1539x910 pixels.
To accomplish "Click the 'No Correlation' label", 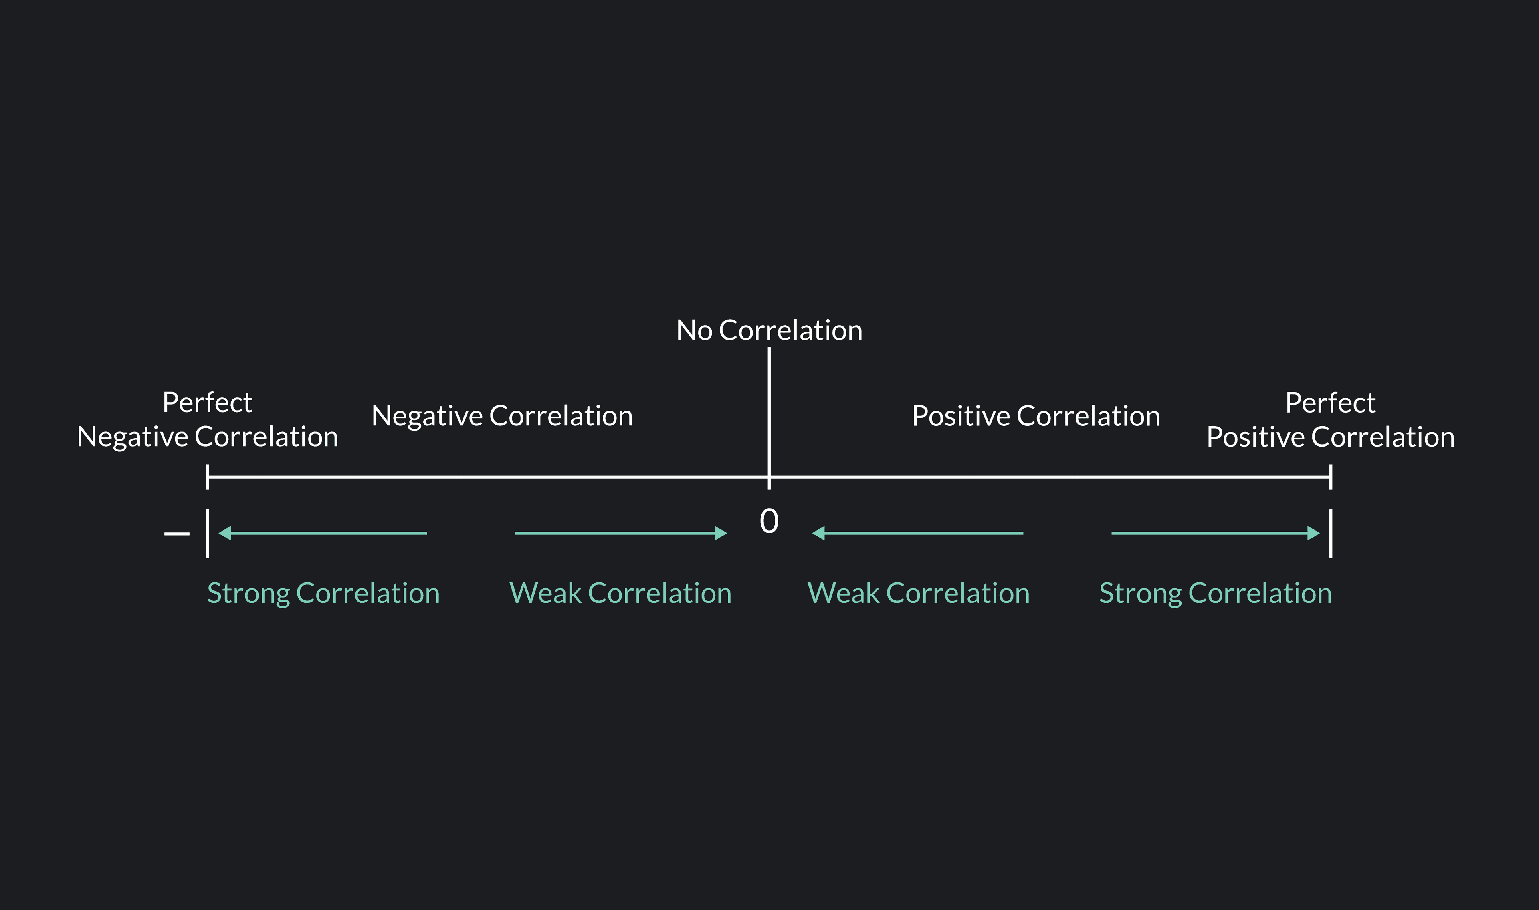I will (769, 330).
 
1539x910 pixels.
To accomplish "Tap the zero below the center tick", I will (769, 521).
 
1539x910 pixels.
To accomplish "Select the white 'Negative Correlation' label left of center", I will (502, 416).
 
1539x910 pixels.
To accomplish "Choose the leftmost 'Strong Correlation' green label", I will (323, 593).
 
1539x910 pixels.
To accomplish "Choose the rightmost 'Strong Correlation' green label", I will (1215, 593).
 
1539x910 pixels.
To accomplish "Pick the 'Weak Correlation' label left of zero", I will (620, 593).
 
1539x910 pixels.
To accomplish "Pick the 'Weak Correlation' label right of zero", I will (918, 593).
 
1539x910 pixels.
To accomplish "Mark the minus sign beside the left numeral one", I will (177, 534).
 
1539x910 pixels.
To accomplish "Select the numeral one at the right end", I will (1331, 534).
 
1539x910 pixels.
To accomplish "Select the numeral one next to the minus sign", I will (207, 534).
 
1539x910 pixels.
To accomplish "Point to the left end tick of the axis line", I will (207, 477).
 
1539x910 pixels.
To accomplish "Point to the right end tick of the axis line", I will (1331, 477).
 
